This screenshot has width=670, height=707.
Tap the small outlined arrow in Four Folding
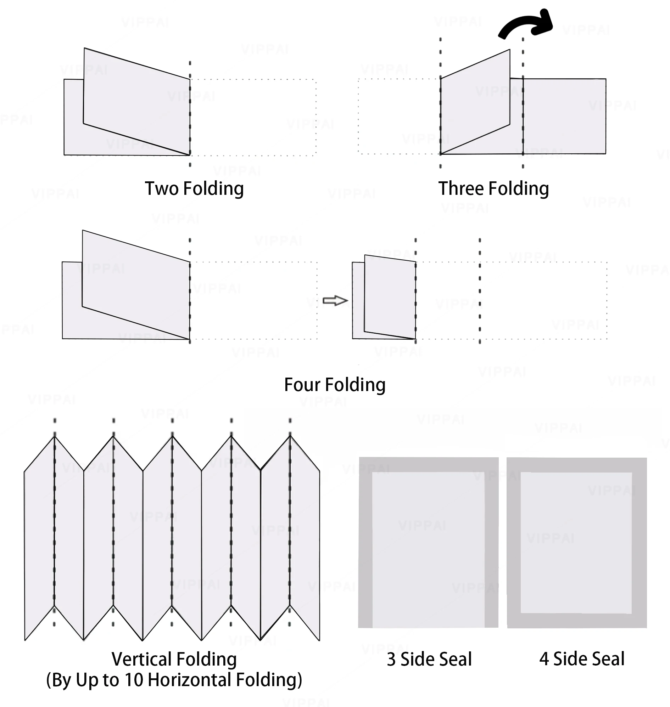click(x=335, y=300)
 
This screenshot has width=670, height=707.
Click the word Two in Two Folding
click(x=162, y=188)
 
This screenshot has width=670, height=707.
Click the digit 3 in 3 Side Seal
click(x=391, y=659)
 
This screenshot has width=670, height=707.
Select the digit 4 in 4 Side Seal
click(x=544, y=659)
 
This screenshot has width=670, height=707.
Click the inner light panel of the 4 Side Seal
click(x=576, y=543)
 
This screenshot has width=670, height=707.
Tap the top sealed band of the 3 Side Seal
click(x=429, y=464)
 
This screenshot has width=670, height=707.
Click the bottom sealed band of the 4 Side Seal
click(x=577, y=621)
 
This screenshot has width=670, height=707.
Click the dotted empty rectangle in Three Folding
click(x=399, y=116)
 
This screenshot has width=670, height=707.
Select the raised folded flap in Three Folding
click(x=475, y=102)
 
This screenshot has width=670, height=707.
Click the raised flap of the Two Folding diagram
click(x=136, y=100)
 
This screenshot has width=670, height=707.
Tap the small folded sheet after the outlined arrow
click(x=389, y=297)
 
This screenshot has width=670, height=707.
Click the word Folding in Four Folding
click(x=355, y=385)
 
